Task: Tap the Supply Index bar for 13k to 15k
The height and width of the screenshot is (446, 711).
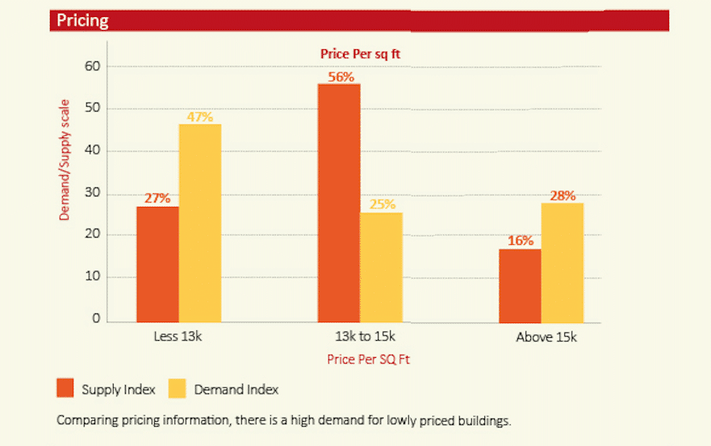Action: pos(339,202)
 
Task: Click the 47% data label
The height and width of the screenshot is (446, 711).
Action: pos(199,116)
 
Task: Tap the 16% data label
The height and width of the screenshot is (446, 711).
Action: pos(520,241)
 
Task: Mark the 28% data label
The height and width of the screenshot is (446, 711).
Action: pos(563,196)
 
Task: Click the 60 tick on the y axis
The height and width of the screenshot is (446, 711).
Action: pos(93,66)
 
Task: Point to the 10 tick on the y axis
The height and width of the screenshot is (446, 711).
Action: pos(93,277)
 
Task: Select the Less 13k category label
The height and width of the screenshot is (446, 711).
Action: pos(178,337)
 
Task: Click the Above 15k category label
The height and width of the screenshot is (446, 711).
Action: pos(546,337)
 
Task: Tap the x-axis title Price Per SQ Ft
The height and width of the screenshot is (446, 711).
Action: pos(368,360)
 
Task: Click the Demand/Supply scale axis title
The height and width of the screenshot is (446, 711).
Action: pos(65,160)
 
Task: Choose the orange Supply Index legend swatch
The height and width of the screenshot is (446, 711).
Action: pos(65,389)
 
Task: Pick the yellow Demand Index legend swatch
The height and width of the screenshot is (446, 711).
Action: pos(177,389)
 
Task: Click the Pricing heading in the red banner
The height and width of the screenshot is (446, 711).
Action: pos(82,20)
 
